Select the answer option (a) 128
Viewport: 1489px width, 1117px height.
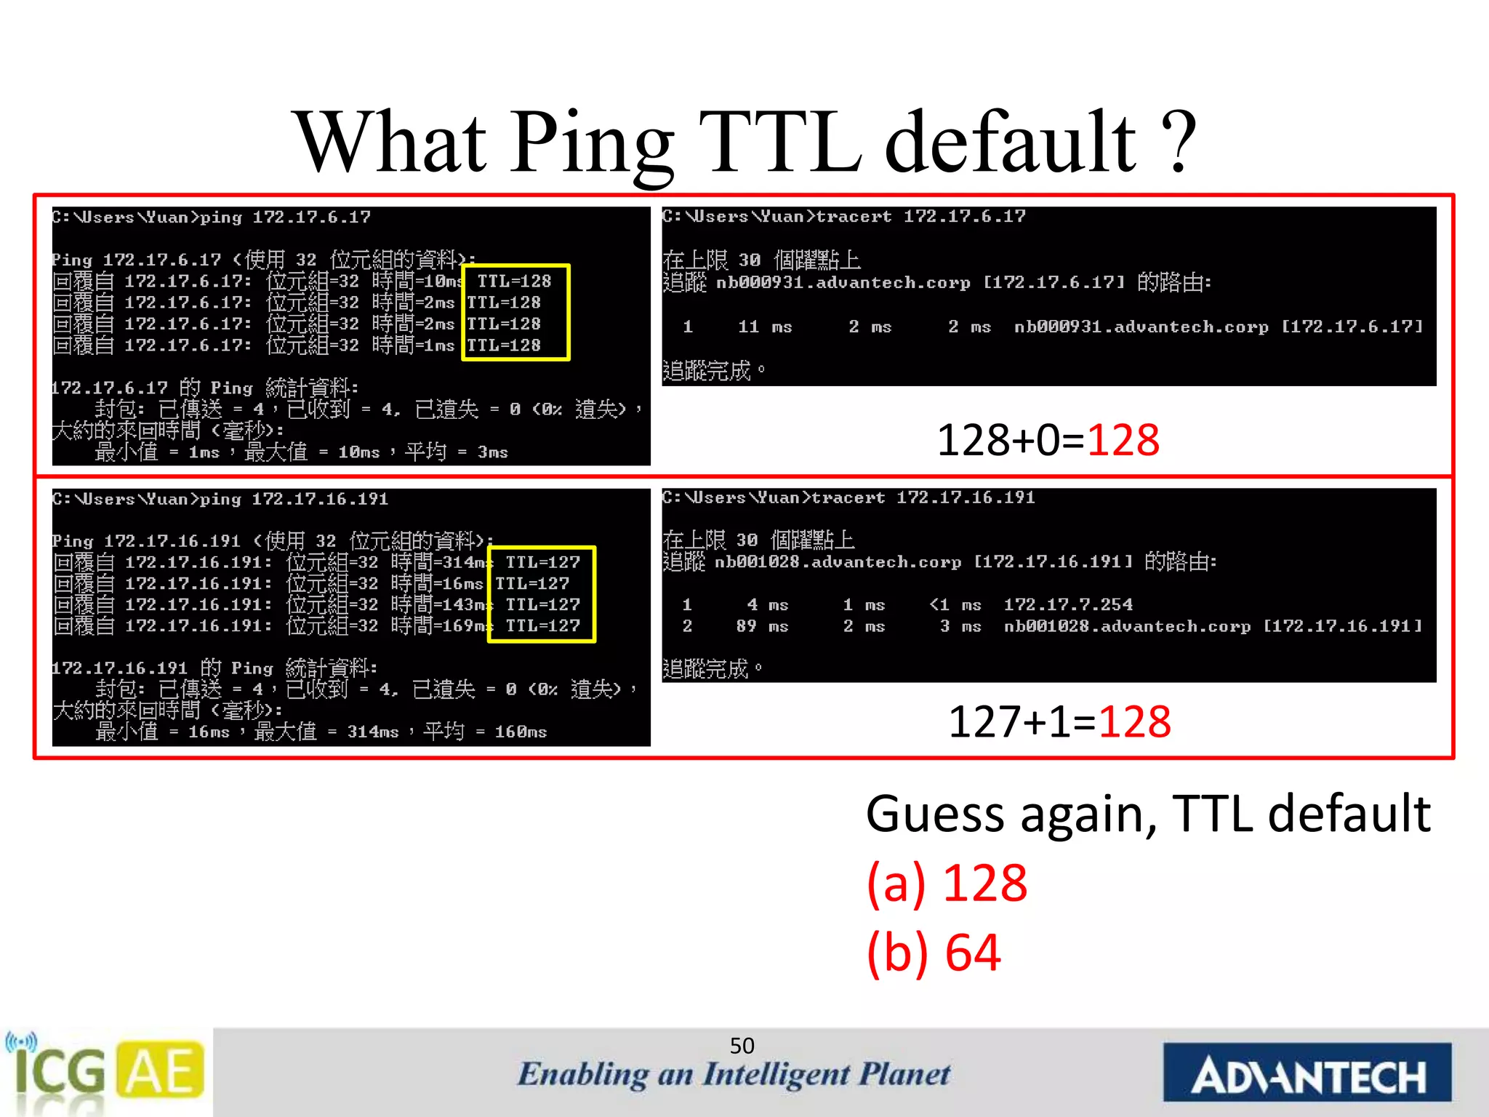click(947, 884)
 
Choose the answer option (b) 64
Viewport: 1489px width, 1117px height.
click(934, 953)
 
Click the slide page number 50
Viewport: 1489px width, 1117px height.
click(742, 1046)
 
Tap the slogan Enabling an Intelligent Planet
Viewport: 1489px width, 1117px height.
click(733, 1075)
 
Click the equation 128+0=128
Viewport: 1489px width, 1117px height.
click(1048, 441)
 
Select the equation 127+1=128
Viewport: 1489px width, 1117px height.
click(1059, 722)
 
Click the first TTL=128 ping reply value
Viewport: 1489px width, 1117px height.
click(514, 281)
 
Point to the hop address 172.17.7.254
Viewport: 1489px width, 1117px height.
click(1068, 604)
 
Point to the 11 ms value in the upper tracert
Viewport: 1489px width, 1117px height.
click(764, 327)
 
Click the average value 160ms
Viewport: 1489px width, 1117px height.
click(521, 732)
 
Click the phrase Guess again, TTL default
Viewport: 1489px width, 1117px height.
click(1148, 814)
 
